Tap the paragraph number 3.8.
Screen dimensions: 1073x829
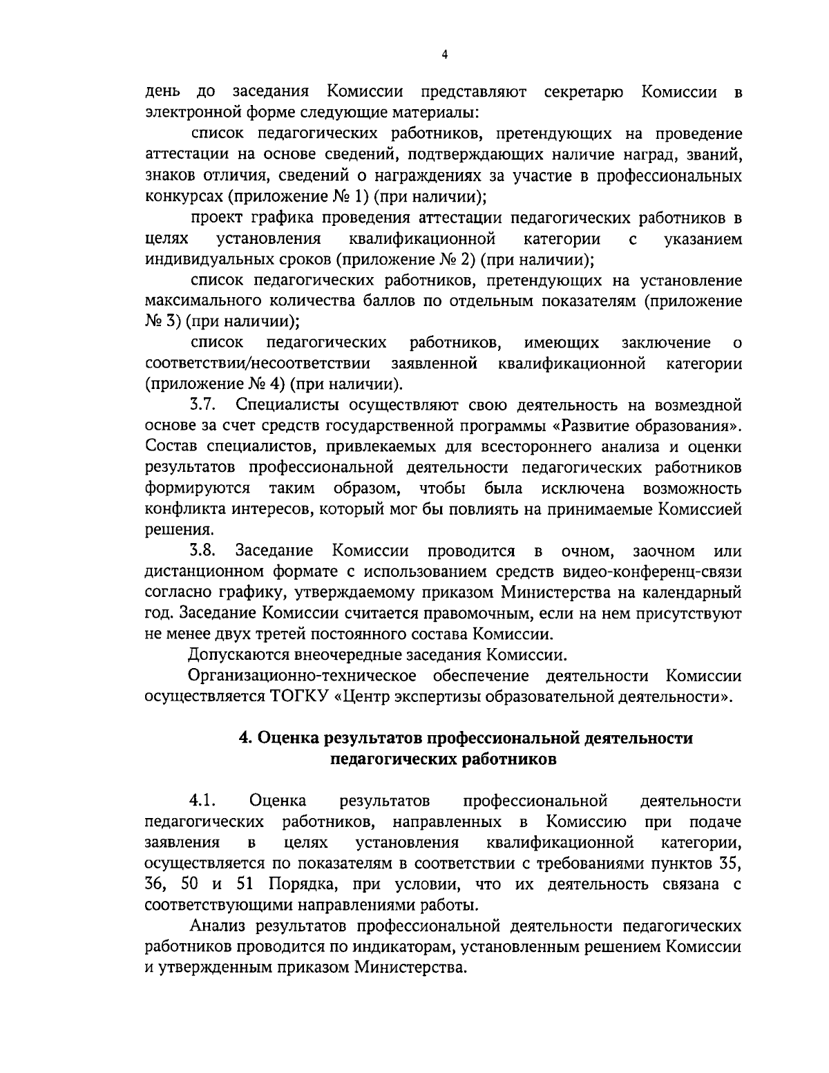tap(203, 551)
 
